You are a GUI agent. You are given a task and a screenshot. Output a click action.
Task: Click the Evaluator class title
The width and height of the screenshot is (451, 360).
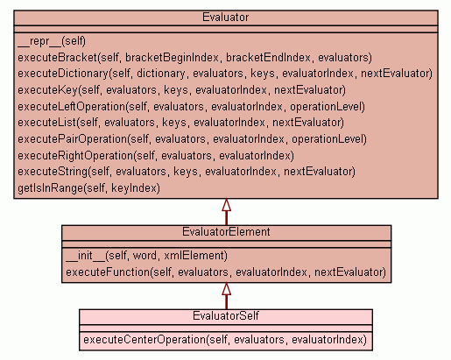pyautogui.click(x=225, y=18)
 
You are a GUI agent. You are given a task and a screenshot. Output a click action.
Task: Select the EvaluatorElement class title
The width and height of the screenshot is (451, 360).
pyautogui.click(x=226, y=232)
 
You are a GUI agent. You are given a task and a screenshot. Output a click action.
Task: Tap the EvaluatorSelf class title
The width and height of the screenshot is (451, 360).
pyautogui.click(x=226, y=316)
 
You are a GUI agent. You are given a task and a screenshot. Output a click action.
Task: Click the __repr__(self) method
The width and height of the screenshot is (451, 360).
pyautogui.click(x=52, y=41)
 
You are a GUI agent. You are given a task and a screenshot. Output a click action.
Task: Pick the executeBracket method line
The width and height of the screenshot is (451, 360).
pyautogui.click(x=194, y=58)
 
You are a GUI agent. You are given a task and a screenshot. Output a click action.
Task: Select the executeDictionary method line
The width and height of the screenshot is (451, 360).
pyautogui.click(x=225, y=74)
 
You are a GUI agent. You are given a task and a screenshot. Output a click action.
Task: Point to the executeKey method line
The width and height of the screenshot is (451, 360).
pyautogui.click(x=181, y=90)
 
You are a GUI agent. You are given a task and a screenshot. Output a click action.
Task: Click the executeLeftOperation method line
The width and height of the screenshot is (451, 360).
pyautogui.click(x=191, y=107)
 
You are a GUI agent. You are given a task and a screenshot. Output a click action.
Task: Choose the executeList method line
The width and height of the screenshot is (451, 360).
pyautogui.click(x=180, y=123)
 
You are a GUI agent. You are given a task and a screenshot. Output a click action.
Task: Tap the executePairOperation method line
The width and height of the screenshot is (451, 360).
pyautogui.click(x=192, y=139)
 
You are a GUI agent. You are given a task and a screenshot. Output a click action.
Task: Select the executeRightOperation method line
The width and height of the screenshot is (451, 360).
pyautogui.click(x=156, y=156)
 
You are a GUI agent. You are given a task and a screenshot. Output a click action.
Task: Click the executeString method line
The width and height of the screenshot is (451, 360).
pyautogui.click(x=187, y=172)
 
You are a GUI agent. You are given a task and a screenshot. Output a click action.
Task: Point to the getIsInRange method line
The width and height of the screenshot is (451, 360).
pyautogui.click(x=88, y=188)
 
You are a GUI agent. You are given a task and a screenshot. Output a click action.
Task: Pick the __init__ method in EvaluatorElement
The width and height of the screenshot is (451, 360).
pyautogui.click(x=146, y=256)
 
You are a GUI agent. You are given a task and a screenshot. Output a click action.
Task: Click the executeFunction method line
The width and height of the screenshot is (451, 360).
pyautogui.click(x=226, y=272)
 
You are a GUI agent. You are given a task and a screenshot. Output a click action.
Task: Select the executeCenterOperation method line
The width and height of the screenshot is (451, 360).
pyautogui.click(x=225, y=340)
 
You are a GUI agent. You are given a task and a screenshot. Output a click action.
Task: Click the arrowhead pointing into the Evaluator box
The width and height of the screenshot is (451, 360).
pyautogui.click(x=226, y=205)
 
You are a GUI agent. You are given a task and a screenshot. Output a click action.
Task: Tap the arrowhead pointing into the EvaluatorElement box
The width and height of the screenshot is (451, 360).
pyautogui.click(x=226, y=289)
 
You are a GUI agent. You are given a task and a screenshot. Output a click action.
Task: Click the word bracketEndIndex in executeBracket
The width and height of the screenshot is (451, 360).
pyautogui.click(x=268, y=58)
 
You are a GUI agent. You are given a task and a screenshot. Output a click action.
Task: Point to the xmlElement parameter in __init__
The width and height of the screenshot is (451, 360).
pyautogui.click(x=195, y=256)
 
